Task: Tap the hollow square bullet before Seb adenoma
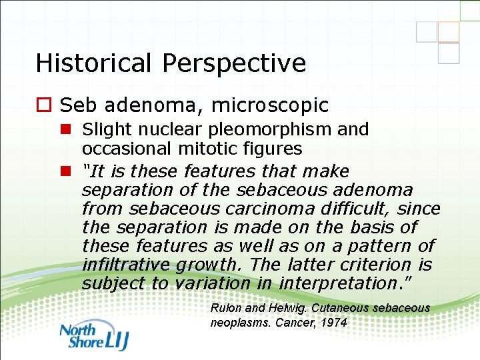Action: pyautogui.click(x=44, y=105)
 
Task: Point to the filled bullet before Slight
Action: pyautogui.click(x=68, y=129)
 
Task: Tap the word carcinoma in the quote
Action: pyautogui.click(x=275, y=209)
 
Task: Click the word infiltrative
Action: pyautogui.click(x=126, y=265)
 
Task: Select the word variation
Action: pyautogui.click(x=213, y=284)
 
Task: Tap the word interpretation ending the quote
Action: pyautogui.click(x=337, y=284)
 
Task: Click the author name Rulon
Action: pyautogui.click(x=225, y=308)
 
